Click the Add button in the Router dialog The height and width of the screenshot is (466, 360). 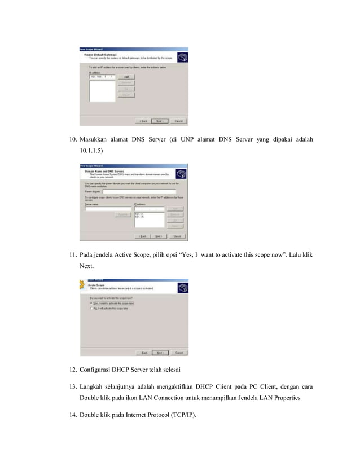[128, 77]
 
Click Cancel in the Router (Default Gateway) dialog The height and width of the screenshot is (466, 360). [178, 121]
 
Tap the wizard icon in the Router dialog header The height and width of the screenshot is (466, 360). [182, 56]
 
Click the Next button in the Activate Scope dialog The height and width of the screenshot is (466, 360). [160, 352]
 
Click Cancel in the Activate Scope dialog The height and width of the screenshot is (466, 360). [178, 352]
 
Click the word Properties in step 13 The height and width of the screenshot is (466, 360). [295, 398]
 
